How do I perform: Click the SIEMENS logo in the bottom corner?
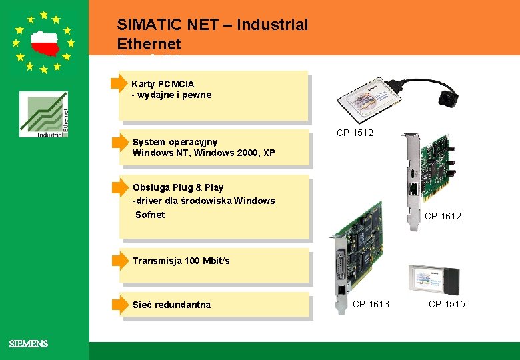[x=28, y=344]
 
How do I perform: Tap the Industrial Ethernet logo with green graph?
[x=43, y=115]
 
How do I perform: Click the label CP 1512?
[x=355, y=133]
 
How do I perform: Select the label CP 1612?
[x=443, y=216]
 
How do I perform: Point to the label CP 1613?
[x=371, y=304]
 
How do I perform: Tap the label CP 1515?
[x=447, y=304]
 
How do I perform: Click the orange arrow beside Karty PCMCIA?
[x=119, y=83]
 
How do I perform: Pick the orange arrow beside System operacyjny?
[x=119, y=142]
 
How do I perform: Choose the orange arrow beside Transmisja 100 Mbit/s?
[x=119, y=260]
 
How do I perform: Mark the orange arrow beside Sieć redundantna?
[x=119, y=304]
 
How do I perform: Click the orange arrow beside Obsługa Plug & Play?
[x=119, y=187]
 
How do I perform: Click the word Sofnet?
[x=150, y=215]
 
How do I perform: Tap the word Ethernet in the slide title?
[x=149, y=44]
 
